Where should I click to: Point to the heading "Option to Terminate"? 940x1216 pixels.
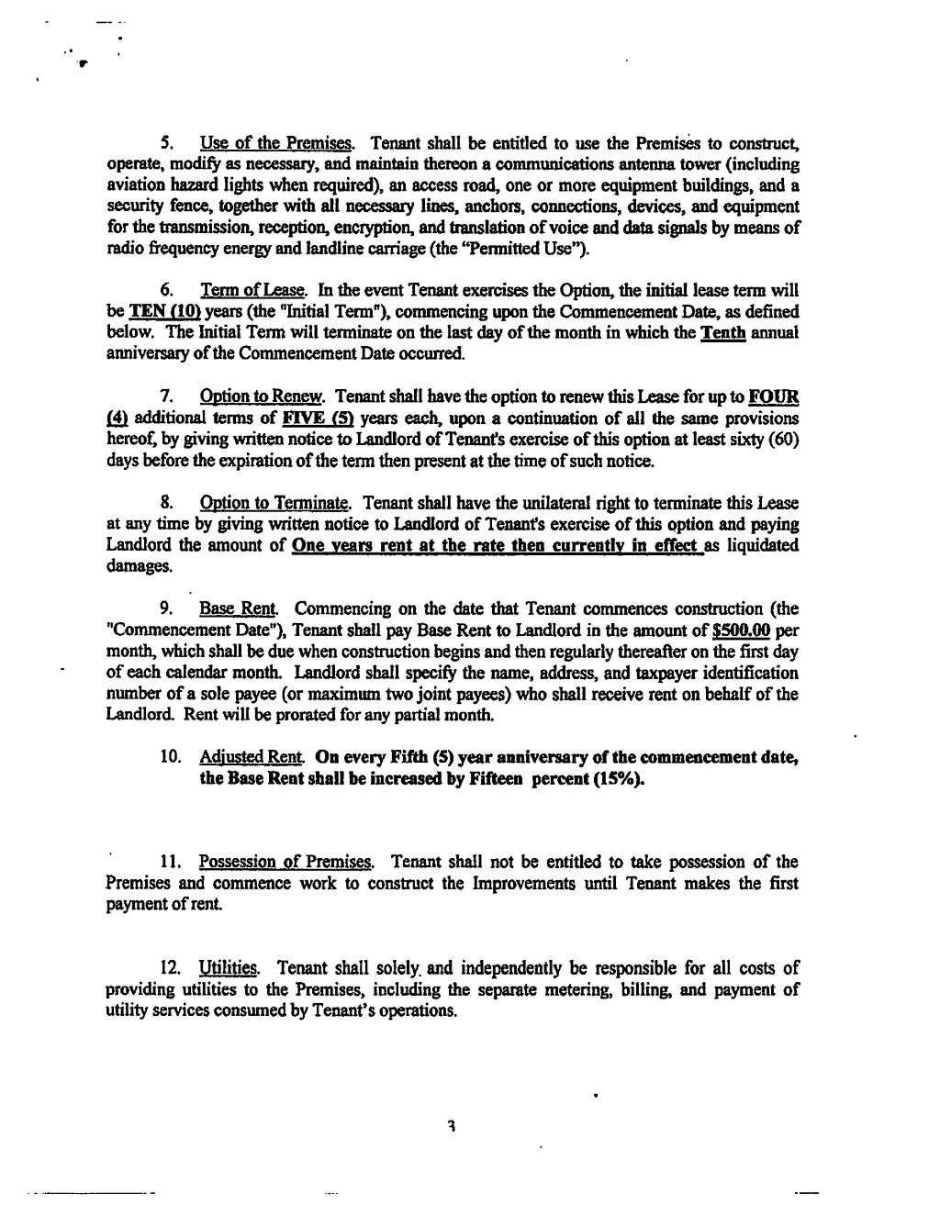tap(274, 504)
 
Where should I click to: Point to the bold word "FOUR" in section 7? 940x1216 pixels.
tap(773, 397)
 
